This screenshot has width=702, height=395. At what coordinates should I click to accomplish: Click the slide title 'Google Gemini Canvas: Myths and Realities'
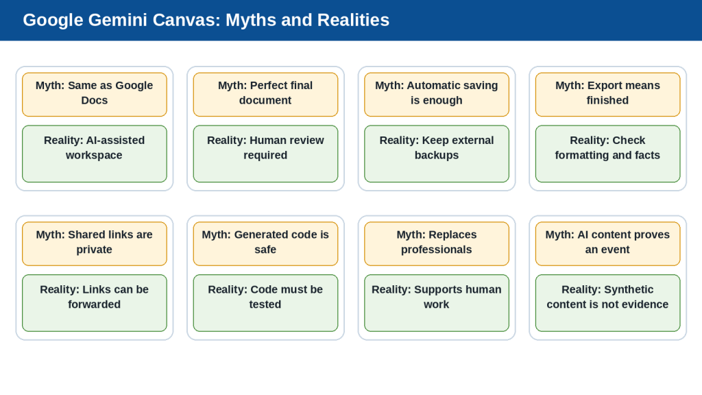(x=206, y=20)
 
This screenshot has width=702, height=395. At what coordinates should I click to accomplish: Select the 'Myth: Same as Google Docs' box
(x=95, y=95)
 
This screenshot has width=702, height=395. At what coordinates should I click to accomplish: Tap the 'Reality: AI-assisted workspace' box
(x=95, y=154)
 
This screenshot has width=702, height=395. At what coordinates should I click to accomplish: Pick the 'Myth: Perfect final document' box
(x=265, y=95)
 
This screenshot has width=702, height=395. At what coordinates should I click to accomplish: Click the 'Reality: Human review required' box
(x=265, y=154)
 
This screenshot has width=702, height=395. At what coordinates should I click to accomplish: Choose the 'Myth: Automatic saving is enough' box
(x=437, y=95)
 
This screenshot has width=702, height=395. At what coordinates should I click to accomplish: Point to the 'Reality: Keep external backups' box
(x=437, y=154)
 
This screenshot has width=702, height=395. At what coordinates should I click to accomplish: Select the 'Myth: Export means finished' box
(x=607, y=95)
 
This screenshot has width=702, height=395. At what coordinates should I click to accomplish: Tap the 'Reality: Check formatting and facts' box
(x=607, y=154)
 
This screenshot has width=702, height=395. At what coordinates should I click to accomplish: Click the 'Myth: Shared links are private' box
(x=95, y=243)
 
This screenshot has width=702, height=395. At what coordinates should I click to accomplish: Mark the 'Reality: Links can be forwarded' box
(x=95, y=302)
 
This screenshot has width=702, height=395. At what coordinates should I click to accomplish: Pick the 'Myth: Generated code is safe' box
(x=265, y=243)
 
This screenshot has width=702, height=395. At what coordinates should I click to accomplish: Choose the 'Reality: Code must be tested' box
(x=265, y=302)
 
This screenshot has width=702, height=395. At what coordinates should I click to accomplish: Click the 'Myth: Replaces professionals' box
(x=437, y=243)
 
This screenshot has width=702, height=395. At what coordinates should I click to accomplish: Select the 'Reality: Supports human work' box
(x=437, y=302)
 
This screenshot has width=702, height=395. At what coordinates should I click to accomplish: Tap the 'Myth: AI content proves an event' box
(x=607, y=243)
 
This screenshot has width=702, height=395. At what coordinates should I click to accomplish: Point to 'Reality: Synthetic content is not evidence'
(x=607, y=302)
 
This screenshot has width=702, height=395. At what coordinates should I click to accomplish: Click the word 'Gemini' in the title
(x=118, y=20)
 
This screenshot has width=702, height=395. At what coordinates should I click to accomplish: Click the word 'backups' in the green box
(x=437, y=156)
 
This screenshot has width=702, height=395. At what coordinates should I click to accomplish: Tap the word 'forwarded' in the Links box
(x=95, y=304)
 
